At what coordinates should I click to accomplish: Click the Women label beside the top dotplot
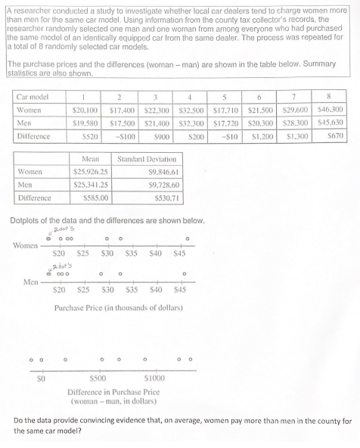tap(27, 244)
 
